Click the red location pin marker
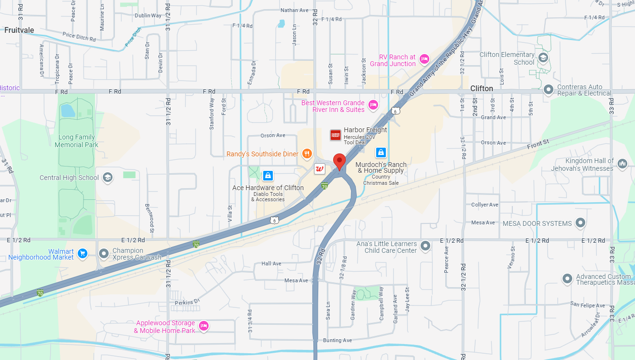(x=339, y=161)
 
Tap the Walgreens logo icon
(x=319, y=169)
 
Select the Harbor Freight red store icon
(x=336, y=135)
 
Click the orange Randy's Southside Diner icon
(x=307, y=154)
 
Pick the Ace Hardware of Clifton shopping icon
(x=268, y=176)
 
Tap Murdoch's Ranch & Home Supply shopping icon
(x=381, y=152)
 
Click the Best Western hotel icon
(x=373, y=105)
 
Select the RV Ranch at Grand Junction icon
(x=424, y=59)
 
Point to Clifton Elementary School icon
(x=543, y=57)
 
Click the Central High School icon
(x=107, y=178)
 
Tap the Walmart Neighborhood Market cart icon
(x=83, y=253)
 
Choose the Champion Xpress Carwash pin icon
(x=104, y=253)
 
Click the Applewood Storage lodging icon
(x=204, y=326)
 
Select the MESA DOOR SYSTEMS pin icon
(x=580, y=223)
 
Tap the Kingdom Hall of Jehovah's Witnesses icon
(x=622, y=164)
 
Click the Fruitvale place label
(x=19, y=30)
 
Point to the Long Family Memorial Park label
(x=76, y=141)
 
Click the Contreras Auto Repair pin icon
(x=548, y=89)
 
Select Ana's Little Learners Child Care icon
(x=425, y=246)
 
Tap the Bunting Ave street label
(x=338, y=340)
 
